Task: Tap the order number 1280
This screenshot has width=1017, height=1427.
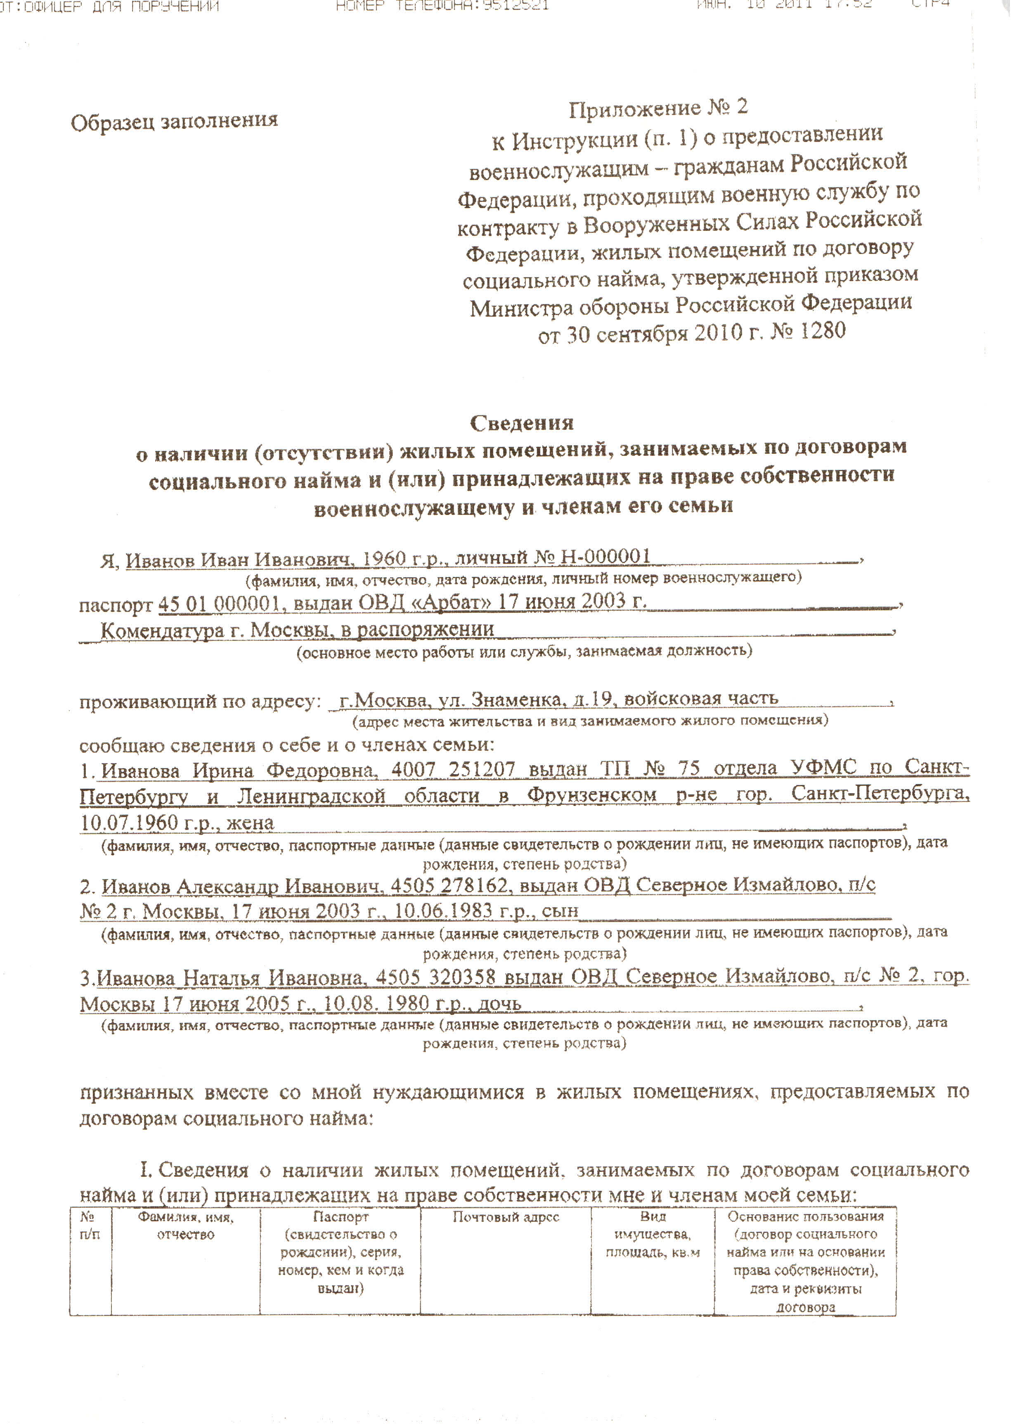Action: pyautogui.click(x=822, y=331)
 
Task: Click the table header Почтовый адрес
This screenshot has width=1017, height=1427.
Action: pyautogui.click(x=505, y=1217)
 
